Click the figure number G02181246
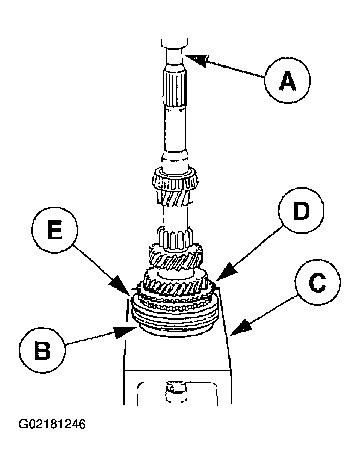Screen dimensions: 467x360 tap(52, 424)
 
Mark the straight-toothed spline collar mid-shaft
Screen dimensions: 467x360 tap(175, 237)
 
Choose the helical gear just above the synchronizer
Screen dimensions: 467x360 tap(175, 280)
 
